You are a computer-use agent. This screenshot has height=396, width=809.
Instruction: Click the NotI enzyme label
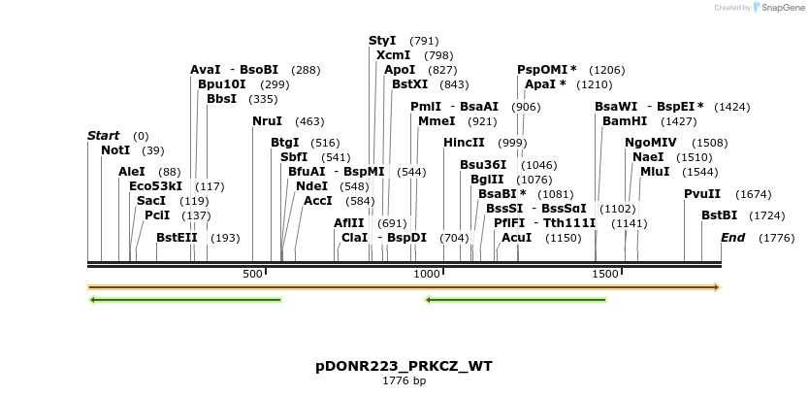tap(115, 150)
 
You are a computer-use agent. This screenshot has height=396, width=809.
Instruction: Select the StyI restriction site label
tap(382, 41)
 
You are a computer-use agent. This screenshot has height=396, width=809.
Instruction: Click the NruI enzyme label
tap(267, 121)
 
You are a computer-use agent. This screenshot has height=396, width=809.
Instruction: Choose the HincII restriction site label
tap(464, 143)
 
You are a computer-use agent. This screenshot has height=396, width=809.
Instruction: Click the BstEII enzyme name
tap(178, 238)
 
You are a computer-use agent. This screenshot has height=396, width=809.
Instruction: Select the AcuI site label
tap(516, 238)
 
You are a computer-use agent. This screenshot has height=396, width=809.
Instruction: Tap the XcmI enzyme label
tap(393, 55)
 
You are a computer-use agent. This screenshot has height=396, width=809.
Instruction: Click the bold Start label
tap(104, 136)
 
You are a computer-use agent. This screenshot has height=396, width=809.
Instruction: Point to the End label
tap(732, 238)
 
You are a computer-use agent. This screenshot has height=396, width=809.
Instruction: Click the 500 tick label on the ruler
tap(252, 275)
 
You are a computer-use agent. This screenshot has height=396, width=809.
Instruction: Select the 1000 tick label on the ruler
tap(428, 275)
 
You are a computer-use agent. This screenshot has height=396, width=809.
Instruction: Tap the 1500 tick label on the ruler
tap(604, 275)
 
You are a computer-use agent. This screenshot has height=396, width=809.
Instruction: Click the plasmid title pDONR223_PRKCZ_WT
tap(404, 366)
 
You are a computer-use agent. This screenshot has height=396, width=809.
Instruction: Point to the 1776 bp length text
tap(404, 380)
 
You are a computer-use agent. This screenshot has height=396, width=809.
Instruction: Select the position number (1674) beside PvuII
tap(753, 194)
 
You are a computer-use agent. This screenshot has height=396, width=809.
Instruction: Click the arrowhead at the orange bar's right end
tap(717, 287)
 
